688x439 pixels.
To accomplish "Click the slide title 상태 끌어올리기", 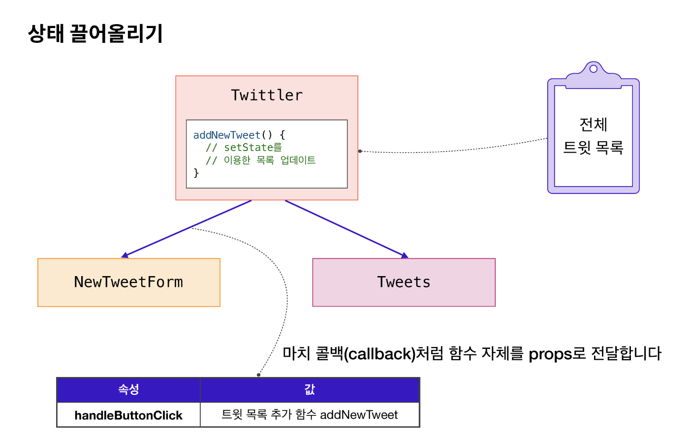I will coord(95,33).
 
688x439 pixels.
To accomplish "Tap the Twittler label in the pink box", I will coord(267,95).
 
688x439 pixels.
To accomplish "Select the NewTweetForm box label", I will coord(128,282).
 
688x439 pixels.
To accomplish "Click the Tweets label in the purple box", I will coord(404,282).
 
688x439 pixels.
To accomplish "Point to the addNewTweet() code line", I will coord(239,135).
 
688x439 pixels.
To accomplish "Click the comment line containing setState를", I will coord(244,147).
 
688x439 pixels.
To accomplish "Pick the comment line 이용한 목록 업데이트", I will coord(261,160).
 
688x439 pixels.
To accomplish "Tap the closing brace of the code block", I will coord(196,173).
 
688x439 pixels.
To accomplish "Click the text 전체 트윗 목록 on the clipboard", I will coord(593,136).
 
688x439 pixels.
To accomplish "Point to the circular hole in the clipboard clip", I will coord(594,68).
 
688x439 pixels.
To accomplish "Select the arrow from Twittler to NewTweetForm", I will coord(187,228).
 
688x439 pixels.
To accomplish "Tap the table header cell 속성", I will coord(128,390).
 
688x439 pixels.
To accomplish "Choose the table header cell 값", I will coord(310,390).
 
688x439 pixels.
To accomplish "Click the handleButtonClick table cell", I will coord(128,415).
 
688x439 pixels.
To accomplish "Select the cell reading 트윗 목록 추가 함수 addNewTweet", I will coord(310,415).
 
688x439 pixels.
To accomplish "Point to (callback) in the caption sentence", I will coord(379,354).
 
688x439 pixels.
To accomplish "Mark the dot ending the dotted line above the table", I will coord(258,375).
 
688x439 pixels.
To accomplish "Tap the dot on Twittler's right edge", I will coord(360,151).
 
